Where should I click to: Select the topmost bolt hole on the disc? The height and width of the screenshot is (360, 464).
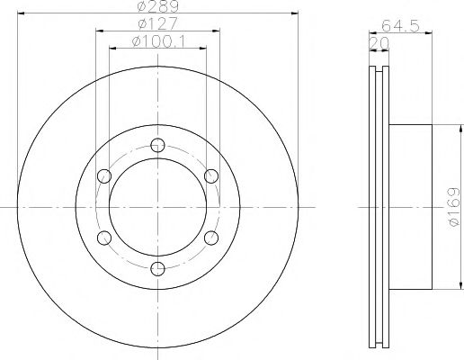point(158,144)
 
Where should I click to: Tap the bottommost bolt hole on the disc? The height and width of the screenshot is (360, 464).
point(158,267)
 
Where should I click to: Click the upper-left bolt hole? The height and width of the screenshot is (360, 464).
point(105,175)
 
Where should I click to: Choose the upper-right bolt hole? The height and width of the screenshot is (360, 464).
point(211,175)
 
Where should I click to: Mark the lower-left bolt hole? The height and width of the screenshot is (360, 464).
point(105,237)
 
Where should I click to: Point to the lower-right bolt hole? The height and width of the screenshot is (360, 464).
point(211,237)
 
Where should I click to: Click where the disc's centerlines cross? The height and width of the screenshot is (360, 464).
point(158,206)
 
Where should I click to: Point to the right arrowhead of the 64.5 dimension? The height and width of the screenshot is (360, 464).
point(429,31)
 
